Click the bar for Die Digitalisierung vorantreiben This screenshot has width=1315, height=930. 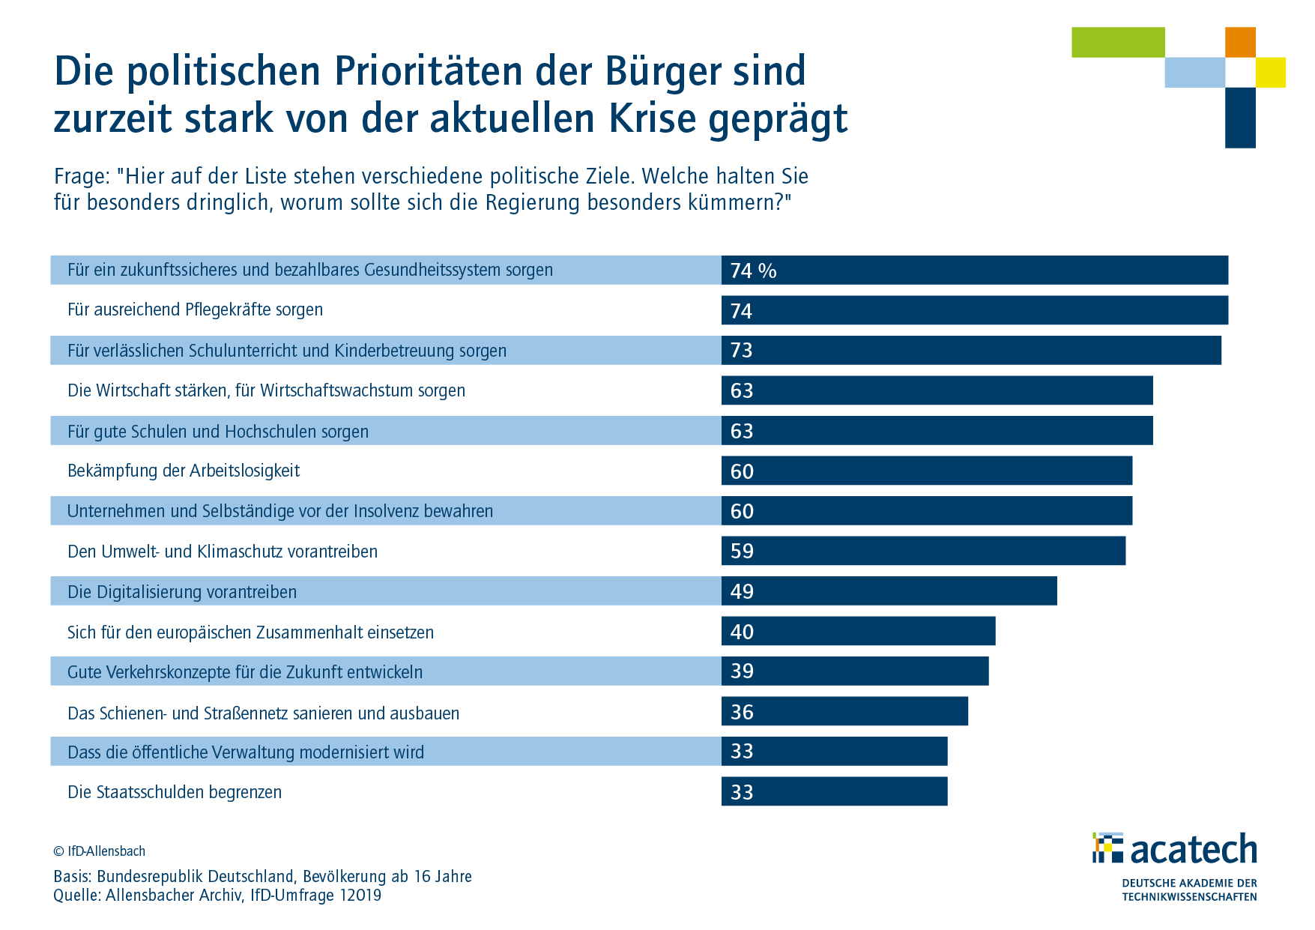(889, 591)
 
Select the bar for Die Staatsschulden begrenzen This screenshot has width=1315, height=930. (834, 791)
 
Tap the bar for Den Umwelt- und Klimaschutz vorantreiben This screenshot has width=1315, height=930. (923, 551)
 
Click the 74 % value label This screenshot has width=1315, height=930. (753, 271)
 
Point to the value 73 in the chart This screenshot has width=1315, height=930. (741, 351)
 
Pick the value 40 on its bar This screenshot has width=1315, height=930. (742, 632)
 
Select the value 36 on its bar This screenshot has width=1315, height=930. (742, 712)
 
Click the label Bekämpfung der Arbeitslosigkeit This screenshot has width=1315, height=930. (184, 471)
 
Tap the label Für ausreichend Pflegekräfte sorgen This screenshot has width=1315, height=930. (195, 310)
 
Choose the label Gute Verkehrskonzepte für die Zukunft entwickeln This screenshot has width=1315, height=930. (245, 672)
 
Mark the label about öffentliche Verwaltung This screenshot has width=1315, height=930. (246, 752)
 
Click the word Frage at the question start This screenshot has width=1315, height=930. (82, 177)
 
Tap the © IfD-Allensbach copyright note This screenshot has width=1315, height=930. (99, 851)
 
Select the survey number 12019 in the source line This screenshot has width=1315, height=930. (360, 896)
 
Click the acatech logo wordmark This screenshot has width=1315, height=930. (1193, 849)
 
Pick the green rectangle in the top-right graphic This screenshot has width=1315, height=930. (1118, 42)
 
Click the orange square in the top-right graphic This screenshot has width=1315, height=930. (1240, 42)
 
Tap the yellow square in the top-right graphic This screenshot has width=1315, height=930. (1271, 73)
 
